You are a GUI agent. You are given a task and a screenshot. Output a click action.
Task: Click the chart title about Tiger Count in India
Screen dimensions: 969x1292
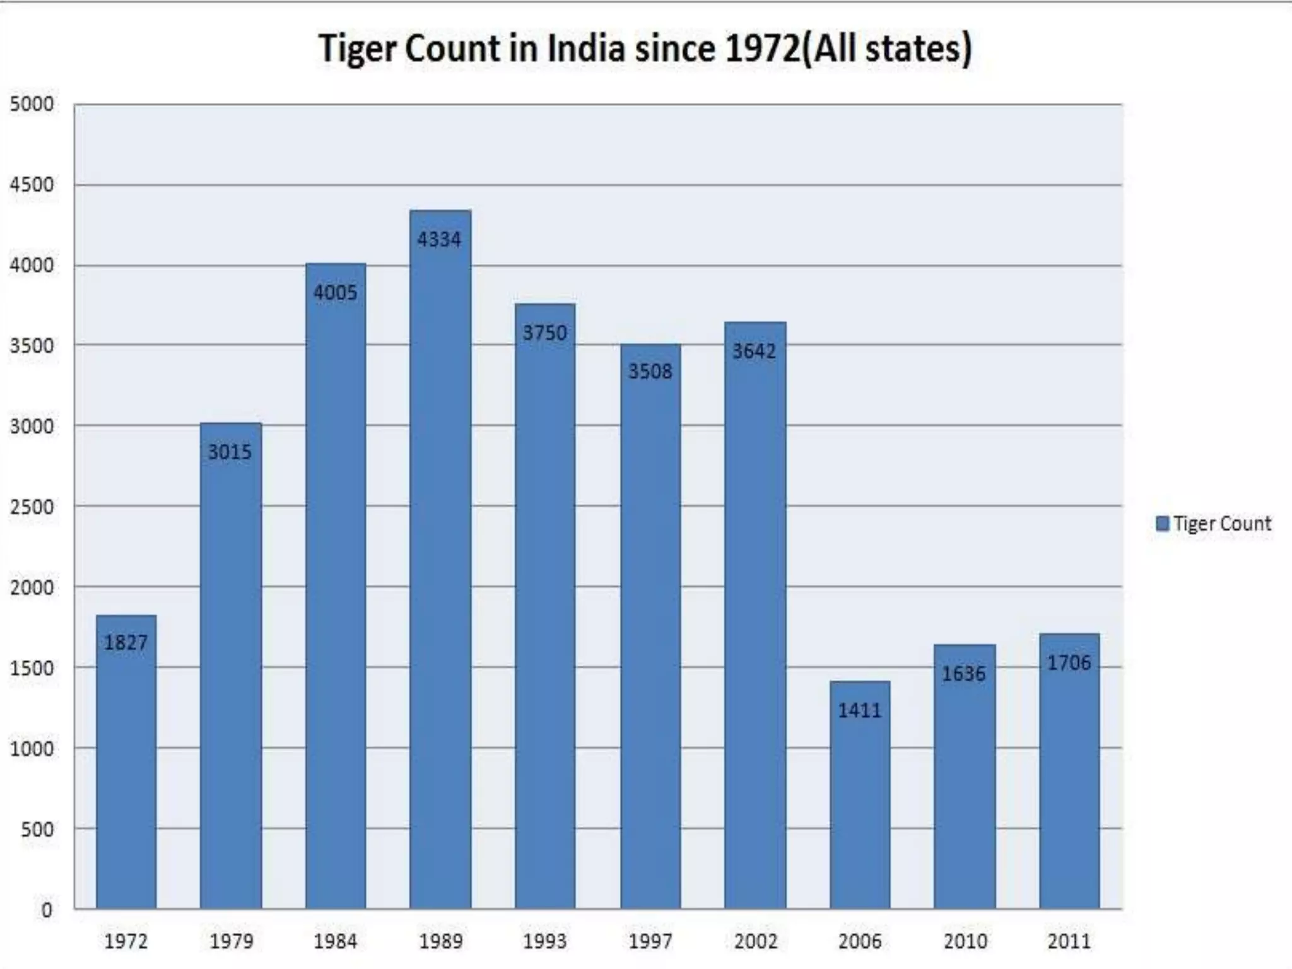coord(645,49)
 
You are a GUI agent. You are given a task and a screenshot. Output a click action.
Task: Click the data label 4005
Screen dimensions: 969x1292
coord(336,293)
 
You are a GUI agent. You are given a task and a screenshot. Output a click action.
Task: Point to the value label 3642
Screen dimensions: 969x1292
coord(755,351)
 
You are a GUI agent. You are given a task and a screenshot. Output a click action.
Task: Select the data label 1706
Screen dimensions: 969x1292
coord(1069,663)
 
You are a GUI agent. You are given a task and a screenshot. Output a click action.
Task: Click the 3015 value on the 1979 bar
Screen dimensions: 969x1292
coord(230,452)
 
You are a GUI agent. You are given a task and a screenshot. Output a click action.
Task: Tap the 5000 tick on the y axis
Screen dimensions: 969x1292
coord(32,104)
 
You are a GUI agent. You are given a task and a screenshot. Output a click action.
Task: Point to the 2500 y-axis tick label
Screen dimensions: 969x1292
coord(32,507)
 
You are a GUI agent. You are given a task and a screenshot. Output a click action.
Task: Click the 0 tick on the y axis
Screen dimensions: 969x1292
coord(47,910)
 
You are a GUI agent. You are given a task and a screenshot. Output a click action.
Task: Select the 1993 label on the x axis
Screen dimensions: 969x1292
coord(545,941)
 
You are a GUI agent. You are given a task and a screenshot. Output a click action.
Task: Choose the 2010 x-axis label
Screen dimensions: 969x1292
coord(965,941)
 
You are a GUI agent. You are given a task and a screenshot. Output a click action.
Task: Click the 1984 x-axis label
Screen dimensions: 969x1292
coord(336,941)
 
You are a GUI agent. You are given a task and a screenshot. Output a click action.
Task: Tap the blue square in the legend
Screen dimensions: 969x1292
coord(1162,524)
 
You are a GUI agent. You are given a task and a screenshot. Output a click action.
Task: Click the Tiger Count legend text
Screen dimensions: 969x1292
coord(1222,524)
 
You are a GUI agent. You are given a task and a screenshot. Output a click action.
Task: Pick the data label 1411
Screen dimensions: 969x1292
coord(859,711)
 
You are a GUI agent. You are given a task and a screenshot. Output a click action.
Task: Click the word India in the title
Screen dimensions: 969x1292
coord(586,49)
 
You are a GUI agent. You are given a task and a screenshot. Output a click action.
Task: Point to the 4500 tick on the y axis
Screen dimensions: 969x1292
coord(32,185)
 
